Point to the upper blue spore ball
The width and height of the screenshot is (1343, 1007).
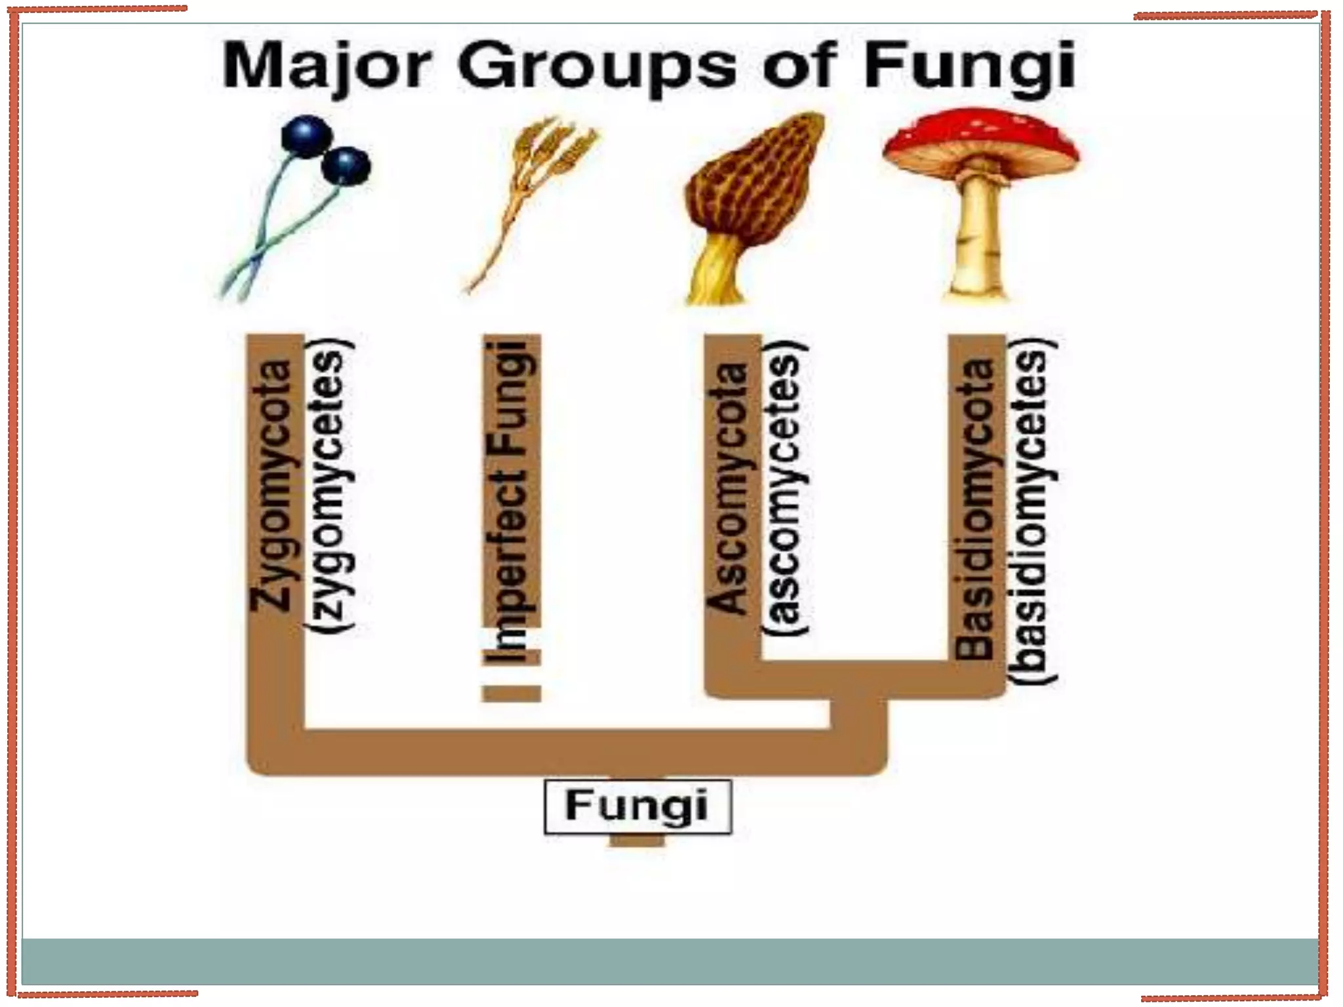[306, 136]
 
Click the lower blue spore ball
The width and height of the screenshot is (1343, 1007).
[346, 165]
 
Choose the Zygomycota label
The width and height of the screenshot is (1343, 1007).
[271, 485]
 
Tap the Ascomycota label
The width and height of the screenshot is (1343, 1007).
[728, 488]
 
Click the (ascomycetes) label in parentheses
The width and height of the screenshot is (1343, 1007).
[785, 488]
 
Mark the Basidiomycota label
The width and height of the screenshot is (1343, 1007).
[975, 508]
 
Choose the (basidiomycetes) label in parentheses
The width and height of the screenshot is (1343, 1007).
[1031, 511]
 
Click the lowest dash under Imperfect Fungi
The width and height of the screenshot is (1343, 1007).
[511, 693]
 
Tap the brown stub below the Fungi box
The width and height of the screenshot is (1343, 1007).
[637, 840]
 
